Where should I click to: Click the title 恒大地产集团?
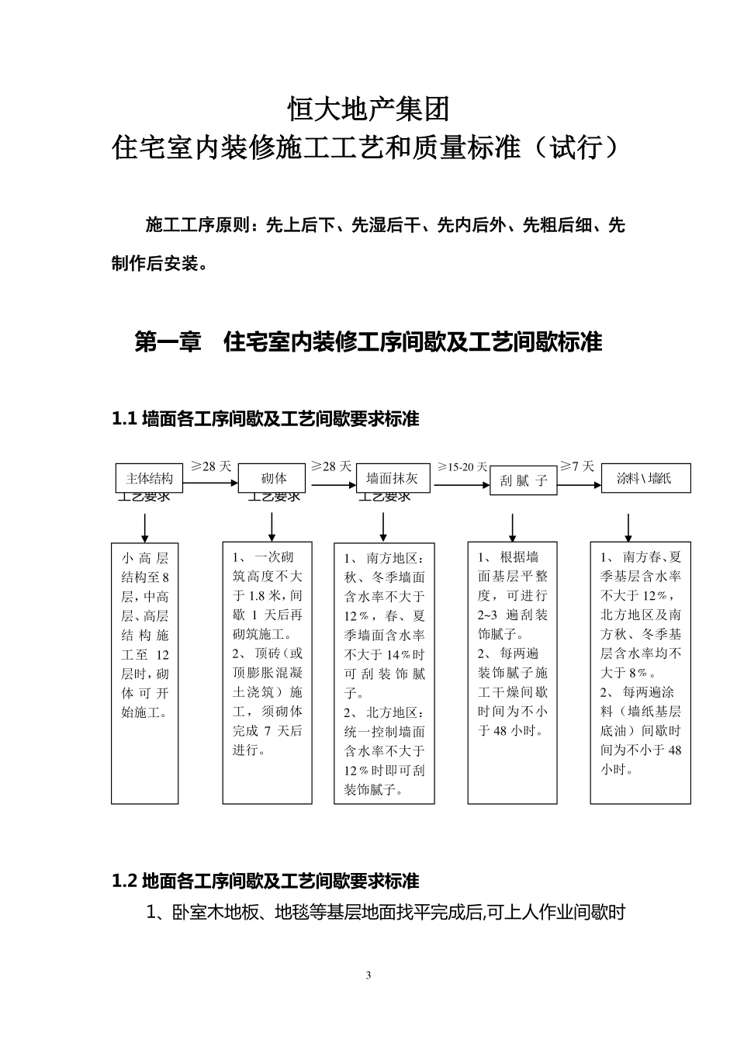tap(368, 109)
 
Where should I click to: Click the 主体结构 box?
tap(149, 478)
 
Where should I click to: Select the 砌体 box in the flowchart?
tap(274, 478)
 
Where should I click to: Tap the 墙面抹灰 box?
tap(393, 478)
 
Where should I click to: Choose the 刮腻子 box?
tap(524, 480)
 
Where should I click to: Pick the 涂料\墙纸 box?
tap(645, 478)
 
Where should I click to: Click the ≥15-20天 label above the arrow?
tap(462, 467)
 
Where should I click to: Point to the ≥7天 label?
tap(577, 466)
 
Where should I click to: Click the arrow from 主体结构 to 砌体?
tap(210, 483)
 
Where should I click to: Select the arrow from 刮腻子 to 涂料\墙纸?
tap(579, 486)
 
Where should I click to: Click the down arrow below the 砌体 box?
tap(272, 526)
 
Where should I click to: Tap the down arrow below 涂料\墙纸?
tap(628, 526)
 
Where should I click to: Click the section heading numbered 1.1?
tap(265, 419)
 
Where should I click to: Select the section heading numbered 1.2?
tap(265, 881)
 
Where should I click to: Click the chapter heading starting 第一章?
tap(368, 341)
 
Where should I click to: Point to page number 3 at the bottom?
tap(368, 975)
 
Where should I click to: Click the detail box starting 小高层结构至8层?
tap(145, 673)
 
